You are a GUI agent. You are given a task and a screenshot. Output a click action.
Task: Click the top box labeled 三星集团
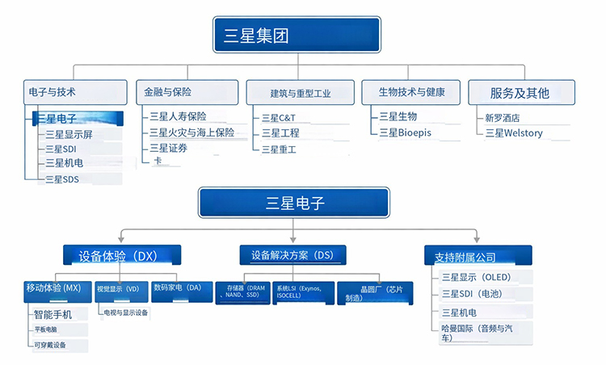tap(297, 36)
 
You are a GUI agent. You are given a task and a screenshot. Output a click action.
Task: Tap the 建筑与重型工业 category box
tap(300, 92)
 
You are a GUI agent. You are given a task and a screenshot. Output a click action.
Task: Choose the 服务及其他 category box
tap(520, 92)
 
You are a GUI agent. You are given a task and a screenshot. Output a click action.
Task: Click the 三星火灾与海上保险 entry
tap(191, 132)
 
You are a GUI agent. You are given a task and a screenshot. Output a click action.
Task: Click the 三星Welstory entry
tap(514, 133)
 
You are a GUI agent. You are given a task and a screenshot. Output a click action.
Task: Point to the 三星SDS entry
tap(62, 179)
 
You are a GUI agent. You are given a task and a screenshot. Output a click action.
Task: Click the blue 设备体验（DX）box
tap(122, 256)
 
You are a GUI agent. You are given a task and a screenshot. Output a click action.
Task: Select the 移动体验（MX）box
tap(54, 288)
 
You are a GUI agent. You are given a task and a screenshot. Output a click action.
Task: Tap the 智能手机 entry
tap(53, 314)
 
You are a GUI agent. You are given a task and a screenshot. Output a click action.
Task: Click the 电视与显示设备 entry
tap(125, 313)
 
